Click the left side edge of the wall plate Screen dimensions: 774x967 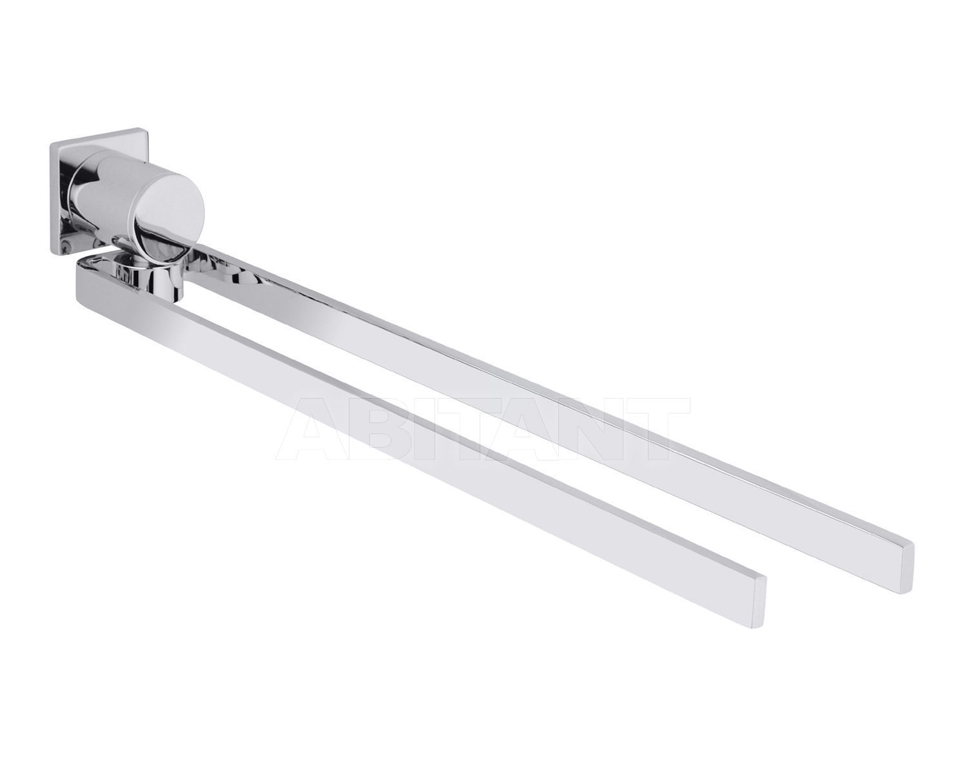click(x=52, y=193)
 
